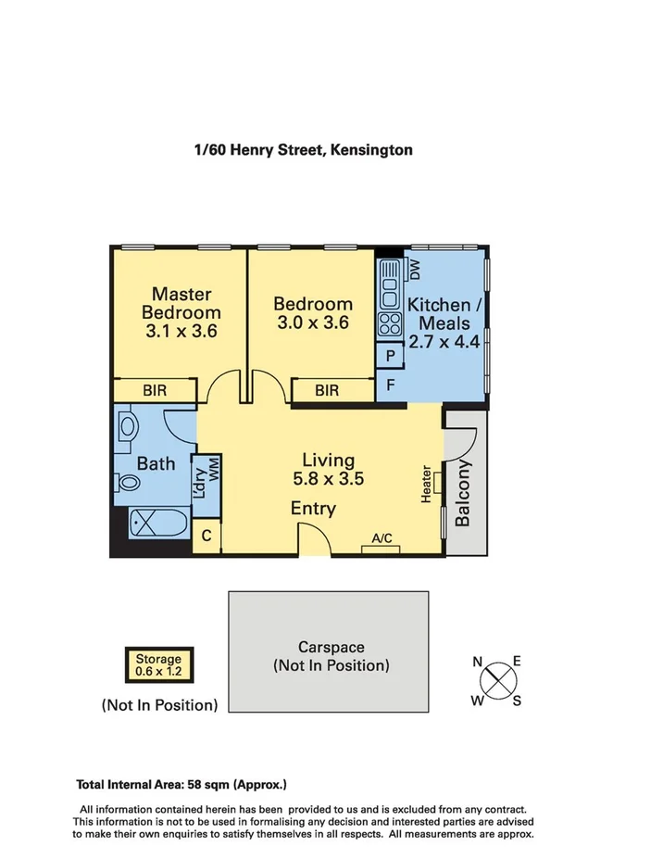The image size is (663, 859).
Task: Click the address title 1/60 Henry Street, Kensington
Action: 303,148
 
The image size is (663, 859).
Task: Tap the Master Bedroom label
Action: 181,312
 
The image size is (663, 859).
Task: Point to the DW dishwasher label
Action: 414,270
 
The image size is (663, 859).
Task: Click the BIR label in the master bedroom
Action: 155,391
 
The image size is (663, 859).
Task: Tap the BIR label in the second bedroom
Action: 326,391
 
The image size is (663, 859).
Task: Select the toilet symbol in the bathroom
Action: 128,483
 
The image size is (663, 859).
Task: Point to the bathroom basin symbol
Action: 128,426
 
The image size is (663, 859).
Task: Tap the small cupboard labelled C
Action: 206,536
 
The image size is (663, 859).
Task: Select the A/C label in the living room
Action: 382,537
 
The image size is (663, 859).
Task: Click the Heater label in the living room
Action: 426,485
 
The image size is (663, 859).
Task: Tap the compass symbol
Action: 498,679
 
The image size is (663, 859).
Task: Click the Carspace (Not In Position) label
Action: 331,656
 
